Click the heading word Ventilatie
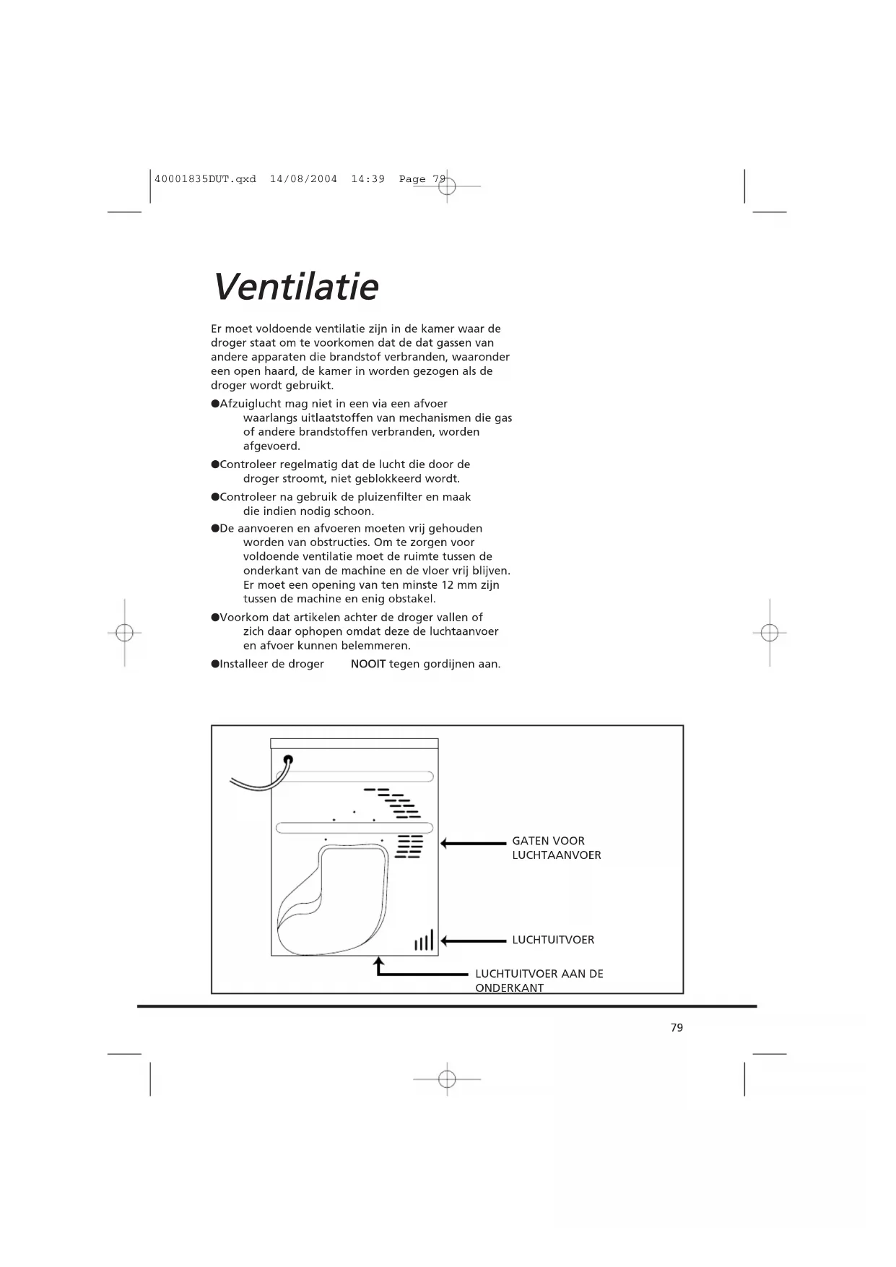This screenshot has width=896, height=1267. [295, 287]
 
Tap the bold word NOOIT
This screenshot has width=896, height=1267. [368, 664]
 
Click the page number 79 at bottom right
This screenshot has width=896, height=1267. [677, 1027]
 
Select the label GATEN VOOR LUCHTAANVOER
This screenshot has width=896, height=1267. [556, 848]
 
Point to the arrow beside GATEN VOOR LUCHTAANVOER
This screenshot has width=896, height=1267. [473, 843]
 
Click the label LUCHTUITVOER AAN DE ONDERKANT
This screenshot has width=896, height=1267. [539, 980]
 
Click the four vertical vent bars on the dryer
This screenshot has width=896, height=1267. [424, 940]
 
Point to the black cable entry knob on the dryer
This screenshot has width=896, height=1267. [288, 760]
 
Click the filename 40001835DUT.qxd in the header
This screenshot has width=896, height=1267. [205, 179]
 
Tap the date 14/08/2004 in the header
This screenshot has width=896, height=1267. [303, 179]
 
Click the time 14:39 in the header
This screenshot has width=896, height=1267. [367, 179]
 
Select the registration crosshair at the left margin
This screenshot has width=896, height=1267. [124, 633]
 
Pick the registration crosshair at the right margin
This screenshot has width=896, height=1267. [770, 633]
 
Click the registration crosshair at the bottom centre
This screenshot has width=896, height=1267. [447, 1079]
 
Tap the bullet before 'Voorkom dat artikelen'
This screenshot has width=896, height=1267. [215, 618]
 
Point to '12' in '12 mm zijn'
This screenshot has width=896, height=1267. [448, 585]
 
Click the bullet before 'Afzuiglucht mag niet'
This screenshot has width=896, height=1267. [215, 404]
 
